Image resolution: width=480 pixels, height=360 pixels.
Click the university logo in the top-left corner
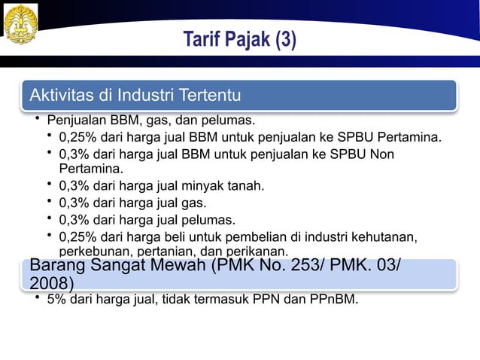(21, 24)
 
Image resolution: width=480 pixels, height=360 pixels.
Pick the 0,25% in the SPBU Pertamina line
(77, 138)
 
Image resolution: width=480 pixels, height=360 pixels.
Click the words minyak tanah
(234, 185)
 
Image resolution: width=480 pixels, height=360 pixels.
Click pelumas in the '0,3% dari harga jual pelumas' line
(212, 221)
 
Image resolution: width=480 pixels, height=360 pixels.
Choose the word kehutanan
(384, 238)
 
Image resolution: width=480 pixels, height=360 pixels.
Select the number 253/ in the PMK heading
(310, 267)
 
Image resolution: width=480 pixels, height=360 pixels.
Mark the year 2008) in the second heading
(52, 283)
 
